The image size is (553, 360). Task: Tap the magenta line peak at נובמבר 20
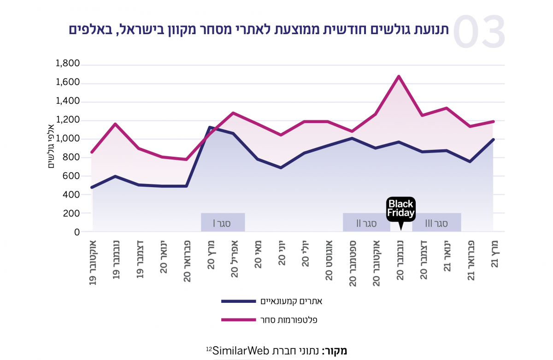(399, 77)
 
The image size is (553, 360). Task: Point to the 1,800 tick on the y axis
(68, 64)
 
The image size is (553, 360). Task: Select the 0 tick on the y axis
(76, 232)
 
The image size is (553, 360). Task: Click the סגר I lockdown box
(223, 223)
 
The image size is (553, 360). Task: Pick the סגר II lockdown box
(366, 223)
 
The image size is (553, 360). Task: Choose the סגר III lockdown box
(436, 223)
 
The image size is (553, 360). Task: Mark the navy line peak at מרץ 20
(210, 127)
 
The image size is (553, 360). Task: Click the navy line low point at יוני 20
(281, 168)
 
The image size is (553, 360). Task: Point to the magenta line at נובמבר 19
(115, 124)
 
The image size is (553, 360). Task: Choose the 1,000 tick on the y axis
(68, 139)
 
